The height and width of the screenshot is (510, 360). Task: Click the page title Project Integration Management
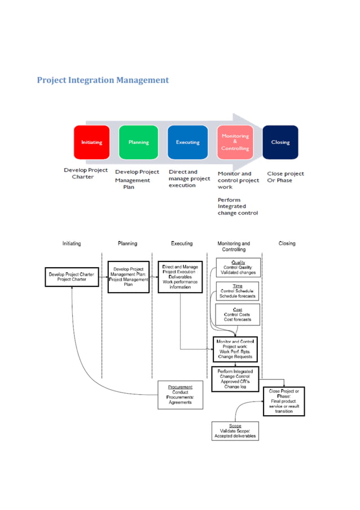click(x=103, y=80)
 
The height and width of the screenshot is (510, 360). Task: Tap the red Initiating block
click(x=91, y=142)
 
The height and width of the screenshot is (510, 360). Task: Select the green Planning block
click(x=138, y=142)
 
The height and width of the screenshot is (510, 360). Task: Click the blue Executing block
click(x=187, y=142)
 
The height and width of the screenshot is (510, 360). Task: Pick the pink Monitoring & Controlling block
click(x=235, y=142)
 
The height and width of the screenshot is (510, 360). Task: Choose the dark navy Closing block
click(x=280, y=142)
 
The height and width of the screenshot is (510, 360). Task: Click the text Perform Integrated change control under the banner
click(x=238, y=207)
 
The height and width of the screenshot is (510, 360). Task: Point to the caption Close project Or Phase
click(x=286, y=177)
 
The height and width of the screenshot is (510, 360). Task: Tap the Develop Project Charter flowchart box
click(x=72, y=277)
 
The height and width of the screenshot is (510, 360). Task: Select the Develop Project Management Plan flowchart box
click(x=129, y=277)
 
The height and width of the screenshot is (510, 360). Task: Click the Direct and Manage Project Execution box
click(x=180, y=277)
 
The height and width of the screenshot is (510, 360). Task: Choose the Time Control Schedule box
click(x=238, y=291)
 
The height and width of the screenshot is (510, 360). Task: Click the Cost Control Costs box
click(x=238, y=315)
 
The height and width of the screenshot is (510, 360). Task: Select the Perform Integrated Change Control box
click(x=235, y=379)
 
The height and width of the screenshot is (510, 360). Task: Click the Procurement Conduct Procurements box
click(x=180, y=395)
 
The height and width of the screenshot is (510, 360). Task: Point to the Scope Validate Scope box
click(x=235, y=431)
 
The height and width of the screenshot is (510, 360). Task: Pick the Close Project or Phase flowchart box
click(x=284, y=401)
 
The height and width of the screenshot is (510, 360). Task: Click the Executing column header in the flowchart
click(x=182, y=243)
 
